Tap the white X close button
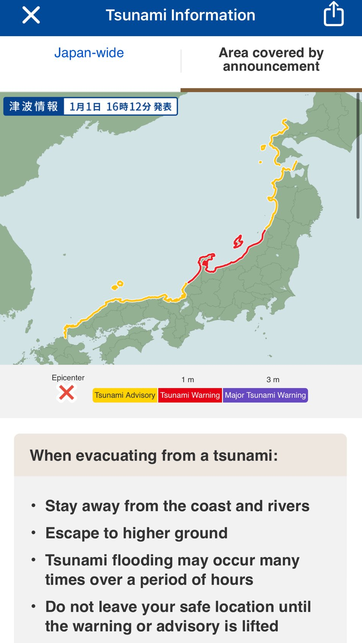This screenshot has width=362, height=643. (31, 15)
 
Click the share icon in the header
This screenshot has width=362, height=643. (333, 14)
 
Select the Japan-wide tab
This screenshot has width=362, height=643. (89, 53)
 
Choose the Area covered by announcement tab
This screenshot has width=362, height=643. (271, 60)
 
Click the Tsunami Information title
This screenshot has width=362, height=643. (180, 15)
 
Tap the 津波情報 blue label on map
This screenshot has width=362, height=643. (33, 106)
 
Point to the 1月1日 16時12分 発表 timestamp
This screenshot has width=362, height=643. (120, 106)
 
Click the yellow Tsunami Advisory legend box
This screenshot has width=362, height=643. (125, 395)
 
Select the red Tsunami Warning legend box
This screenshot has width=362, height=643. (190, 395)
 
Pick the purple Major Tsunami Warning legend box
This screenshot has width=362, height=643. (265, 395)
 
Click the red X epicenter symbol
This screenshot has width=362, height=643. (67, 393)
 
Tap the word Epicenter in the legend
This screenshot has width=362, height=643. (68, 378)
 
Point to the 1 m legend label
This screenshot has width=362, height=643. (188, 380)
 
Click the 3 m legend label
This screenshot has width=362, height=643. (273, 380)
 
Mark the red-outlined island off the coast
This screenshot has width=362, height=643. (238, 242)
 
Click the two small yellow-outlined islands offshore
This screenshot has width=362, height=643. (118, 285)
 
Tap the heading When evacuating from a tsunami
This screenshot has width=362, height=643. (154, 455)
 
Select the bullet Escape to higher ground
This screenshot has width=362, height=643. (137, 533)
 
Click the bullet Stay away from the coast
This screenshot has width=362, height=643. (177, 506)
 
